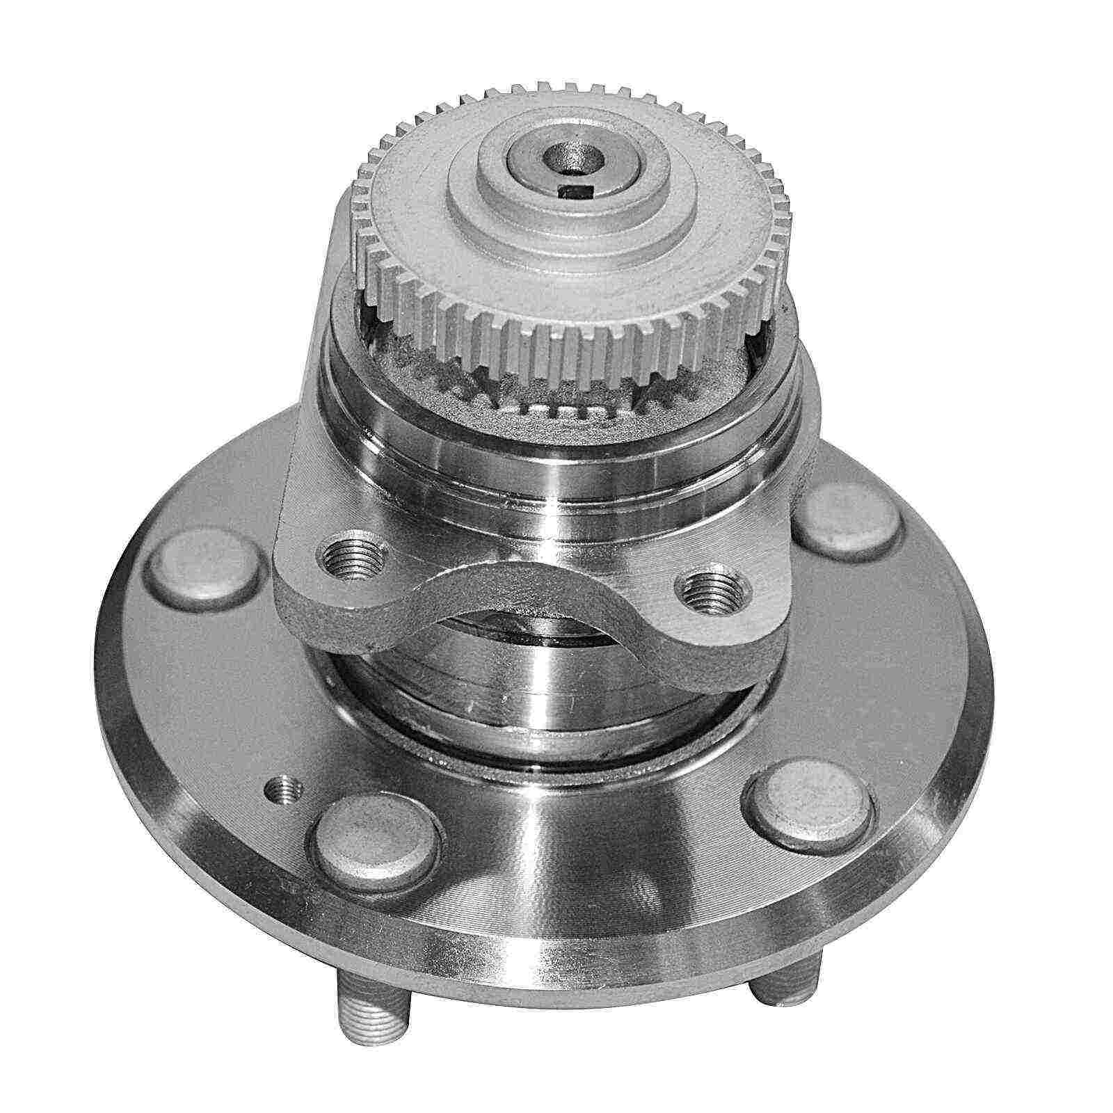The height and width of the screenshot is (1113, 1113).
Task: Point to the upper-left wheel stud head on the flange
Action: point(207,568)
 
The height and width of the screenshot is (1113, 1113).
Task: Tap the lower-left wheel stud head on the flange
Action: point(376,854)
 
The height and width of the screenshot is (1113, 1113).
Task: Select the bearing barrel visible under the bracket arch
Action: point(543,675)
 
